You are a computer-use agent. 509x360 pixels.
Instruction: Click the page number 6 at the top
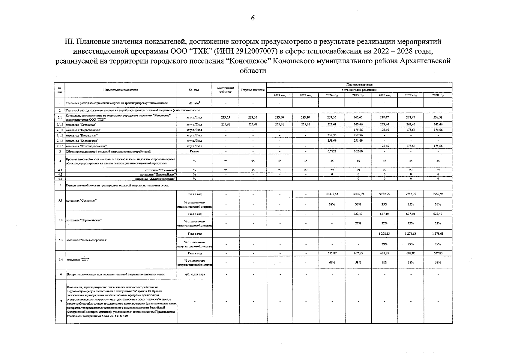click(253, 18)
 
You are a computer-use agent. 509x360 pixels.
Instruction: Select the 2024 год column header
click(332, 95)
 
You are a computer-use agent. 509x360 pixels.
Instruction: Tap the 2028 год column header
click(438, 95)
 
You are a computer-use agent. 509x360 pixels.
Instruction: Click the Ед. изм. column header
click(194, 90)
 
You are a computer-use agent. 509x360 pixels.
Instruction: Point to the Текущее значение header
click(253, 90)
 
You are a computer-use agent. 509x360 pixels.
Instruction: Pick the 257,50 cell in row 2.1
click(332, 118)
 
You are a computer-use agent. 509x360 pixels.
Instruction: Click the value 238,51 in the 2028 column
click(438, 118)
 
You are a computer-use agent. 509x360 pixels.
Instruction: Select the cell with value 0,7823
click(332, 151)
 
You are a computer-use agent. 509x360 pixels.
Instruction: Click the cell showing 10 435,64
click(332, 194)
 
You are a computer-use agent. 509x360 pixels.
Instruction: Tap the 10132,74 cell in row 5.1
click(358, 194)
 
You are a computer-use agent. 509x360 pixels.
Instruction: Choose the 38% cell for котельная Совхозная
click(332, 204)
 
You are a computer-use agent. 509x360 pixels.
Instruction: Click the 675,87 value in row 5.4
click(332, 253)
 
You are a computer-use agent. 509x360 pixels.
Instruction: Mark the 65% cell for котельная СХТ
click(332, 262)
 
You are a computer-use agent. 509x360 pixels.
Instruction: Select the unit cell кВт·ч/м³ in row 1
click(194, 103)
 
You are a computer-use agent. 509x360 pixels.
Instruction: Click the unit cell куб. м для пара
click(195, 274)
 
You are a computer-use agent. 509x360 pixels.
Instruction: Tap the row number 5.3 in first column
click(60, 240)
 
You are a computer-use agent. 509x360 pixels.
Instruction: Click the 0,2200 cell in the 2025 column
click(358, 151)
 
